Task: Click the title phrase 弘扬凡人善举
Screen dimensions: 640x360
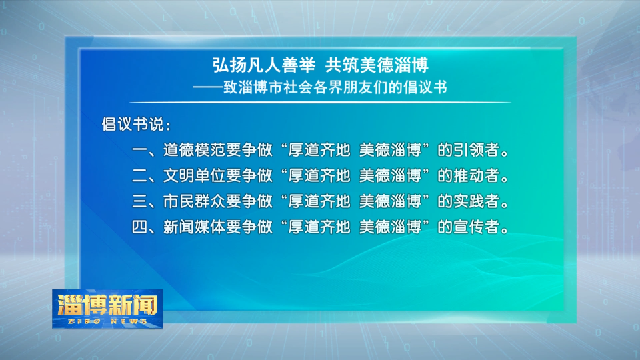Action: (x=264, y=65)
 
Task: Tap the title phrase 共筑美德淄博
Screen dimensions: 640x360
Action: (x=377, y=65)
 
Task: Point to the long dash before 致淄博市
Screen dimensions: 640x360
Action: (x=208, y=87)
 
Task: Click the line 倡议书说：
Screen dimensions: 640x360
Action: (x=136, y=125)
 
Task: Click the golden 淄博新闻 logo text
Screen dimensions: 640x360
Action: (x=107, y=305)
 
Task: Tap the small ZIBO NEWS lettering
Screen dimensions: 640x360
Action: (x=107, y=321)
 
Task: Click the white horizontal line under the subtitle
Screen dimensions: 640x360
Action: (x=320, y=102)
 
